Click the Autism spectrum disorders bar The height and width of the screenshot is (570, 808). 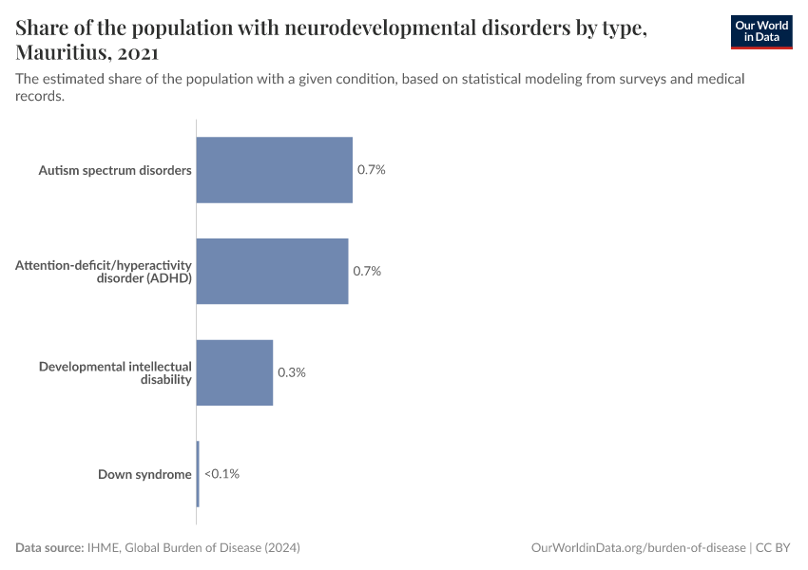[274, 170]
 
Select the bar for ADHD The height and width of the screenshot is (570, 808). [272, 272]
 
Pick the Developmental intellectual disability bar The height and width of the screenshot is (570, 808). [235, 372]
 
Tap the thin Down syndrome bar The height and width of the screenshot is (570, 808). [198, 474]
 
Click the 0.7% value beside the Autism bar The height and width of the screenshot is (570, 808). [371, 170]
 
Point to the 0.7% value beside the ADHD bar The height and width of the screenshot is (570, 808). [367, 272]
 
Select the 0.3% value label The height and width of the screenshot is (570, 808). [291, 372]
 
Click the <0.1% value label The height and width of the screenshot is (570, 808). [221, 474]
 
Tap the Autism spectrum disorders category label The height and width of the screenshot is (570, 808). [115, 171]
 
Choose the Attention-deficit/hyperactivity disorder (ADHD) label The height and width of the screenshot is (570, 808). [104, 272]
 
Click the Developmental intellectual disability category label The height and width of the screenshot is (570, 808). [115, 372]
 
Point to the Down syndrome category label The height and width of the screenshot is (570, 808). [144, 474]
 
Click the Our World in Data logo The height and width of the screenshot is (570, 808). [760, 31]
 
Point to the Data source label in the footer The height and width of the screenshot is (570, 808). [49, 548]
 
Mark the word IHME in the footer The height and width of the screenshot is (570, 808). [103, 548]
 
